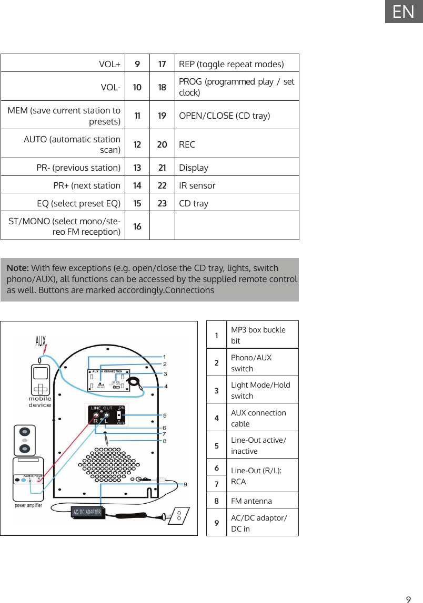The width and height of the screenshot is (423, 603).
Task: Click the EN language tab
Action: (x=404, y=12)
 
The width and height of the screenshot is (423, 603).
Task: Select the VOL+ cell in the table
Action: (x=109, y=64)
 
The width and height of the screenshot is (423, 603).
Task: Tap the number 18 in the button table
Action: (x=162, y=87)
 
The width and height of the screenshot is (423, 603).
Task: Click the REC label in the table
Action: (x=187, y=144)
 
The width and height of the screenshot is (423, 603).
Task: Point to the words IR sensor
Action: (x=197, y=185)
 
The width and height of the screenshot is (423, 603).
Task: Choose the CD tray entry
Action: (x=194, y=203)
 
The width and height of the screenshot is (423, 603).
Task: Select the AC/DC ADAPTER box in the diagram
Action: (x=87, y=512)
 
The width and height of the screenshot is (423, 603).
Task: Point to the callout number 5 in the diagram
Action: (x=165, y=415)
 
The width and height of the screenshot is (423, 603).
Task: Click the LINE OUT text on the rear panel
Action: (x=102, y=408)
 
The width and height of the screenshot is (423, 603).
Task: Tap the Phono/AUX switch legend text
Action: (x=251, y=363)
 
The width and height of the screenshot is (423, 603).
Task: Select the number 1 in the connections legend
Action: (x=217, y=335)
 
